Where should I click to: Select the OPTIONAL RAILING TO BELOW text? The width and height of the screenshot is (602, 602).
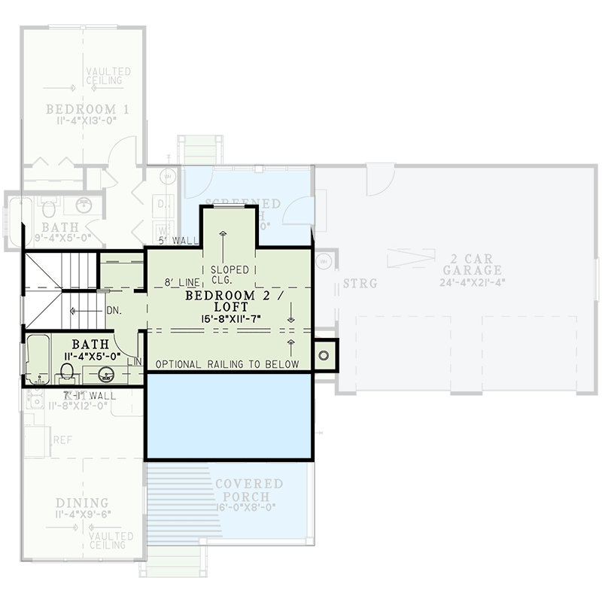(x=227, y=364)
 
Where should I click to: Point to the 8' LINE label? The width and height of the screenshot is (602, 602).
(x=181, y=284)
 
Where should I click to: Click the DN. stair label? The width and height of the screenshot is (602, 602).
(x=114, y=309)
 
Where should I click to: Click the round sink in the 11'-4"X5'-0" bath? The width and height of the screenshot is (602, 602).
(x=106, y=374)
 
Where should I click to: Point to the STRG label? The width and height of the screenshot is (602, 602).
(x=360, y=284)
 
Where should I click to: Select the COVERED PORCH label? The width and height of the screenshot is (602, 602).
(x=249, y=490)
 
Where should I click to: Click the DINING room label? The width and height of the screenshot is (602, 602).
(x=82, y=503)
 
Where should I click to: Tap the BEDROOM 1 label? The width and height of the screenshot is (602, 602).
(x=87, y=110)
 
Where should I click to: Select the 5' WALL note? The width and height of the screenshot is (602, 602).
(x=180, y=241)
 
